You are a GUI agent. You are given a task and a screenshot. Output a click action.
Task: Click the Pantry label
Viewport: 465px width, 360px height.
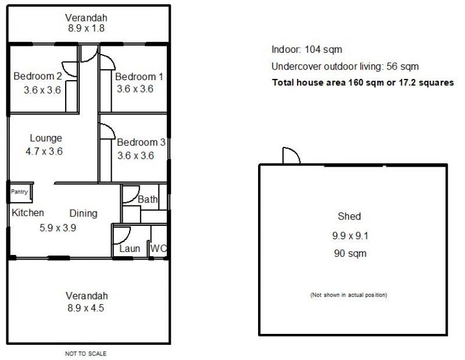tap(19, 192)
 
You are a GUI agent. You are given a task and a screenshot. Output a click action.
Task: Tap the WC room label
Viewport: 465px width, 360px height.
tap(158, 248)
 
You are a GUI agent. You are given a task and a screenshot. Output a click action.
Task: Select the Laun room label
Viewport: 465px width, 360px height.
tap(130, 249)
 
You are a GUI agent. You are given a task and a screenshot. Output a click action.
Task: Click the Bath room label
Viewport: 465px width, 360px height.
tap(148, 199)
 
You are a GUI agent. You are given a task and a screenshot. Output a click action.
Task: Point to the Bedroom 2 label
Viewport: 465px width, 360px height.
tap(38, 76)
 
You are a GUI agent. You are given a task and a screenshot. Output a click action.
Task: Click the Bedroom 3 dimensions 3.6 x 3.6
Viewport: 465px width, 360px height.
tap(135, 156)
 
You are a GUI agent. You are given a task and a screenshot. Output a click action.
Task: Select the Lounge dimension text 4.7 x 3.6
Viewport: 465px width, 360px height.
tap(44, 152)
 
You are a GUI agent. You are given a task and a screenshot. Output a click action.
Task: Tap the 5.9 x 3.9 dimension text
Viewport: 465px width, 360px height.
tap(58, 228)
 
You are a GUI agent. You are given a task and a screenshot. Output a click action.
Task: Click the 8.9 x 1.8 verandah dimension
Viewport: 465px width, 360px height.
tap(86, 28)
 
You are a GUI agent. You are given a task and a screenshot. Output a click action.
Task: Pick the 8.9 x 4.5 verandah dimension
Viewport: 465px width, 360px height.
tap(85, 308)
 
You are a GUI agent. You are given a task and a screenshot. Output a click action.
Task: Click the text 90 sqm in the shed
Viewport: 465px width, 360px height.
tap(350, 253)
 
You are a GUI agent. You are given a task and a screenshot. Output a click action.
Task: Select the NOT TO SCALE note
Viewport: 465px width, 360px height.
tap(85, 354)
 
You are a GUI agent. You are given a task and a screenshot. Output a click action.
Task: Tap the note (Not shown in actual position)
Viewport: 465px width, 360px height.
tap(349, 295)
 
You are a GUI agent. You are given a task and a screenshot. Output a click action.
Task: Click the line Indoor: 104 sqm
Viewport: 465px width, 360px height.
tap(307, 49)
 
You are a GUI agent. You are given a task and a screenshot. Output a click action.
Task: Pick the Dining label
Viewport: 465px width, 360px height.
tap(83, 213)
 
